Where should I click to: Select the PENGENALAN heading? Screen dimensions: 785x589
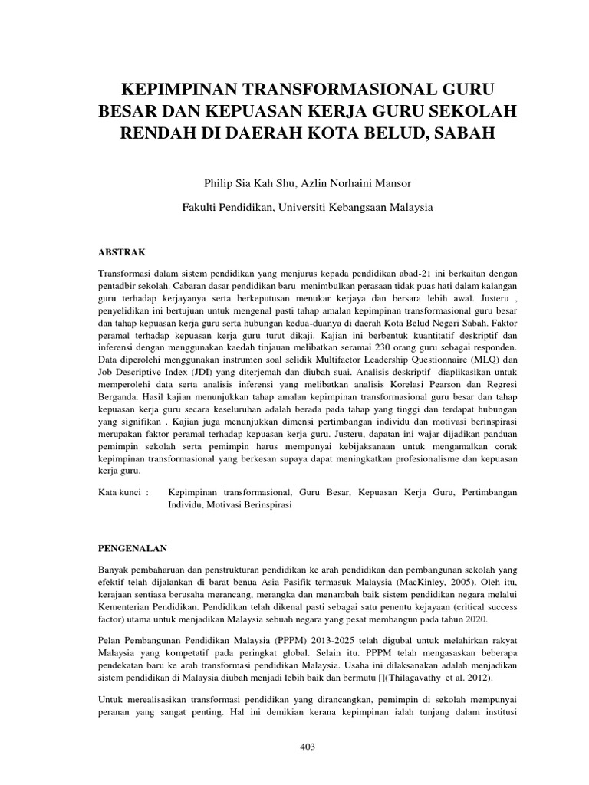click(133, 549)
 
